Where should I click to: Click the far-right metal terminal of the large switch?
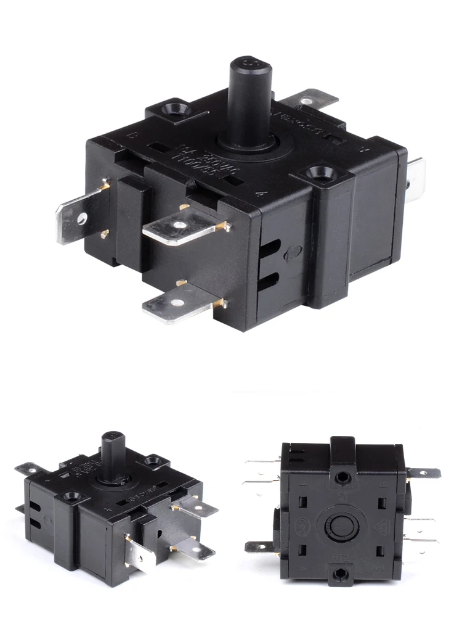point(416,176)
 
